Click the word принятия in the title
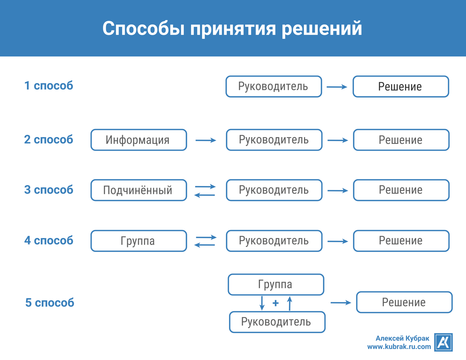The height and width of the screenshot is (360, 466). pyautogui.click(x=233, y=29)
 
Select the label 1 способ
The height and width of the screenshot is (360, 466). pyautogui.click(x=49, y=86)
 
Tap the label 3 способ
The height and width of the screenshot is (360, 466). pyautogui.click(x=49, y=190)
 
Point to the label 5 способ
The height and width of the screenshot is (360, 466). pyautogui.click(x=50, y=303)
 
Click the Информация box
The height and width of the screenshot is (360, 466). pyautogui.click(x=139, y=140)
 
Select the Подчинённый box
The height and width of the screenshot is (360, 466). pyautogui.click(x=139, y=190)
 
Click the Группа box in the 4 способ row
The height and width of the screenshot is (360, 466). pyautogui.click(x=139, y=241)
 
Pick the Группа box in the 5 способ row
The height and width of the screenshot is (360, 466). pyautogui.click(x=276, y=285)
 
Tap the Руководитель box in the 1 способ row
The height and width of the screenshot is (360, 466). pyautogui.click(x=273, y=87)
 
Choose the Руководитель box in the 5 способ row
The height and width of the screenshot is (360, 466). pyautogui.click(x=277, y=322)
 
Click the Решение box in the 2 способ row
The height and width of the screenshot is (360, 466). pyautogui.click(x=401, y=140)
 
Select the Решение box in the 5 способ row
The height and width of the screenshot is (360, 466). pyautogui.click(x=404, y=302)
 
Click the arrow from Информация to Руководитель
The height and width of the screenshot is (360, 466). pyautogui.click(x=206, y=140)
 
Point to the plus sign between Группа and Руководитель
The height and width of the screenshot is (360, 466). pyautogui.click(x=275, y=303)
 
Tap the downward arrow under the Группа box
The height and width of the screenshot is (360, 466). pyautogui.click(x=262, y=303)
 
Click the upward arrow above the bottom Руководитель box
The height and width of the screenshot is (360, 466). pyautogui.click(x=290, y=303)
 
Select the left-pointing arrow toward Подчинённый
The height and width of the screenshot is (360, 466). pyautogui.click(x=205, y=195)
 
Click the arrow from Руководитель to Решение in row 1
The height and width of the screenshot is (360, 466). pyautogui.click(x=337, y=87)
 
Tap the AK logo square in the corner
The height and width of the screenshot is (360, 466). pyautogui.click(x=443, y=342)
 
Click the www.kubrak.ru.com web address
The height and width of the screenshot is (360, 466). pyautogui.click(x=399, y=347)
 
